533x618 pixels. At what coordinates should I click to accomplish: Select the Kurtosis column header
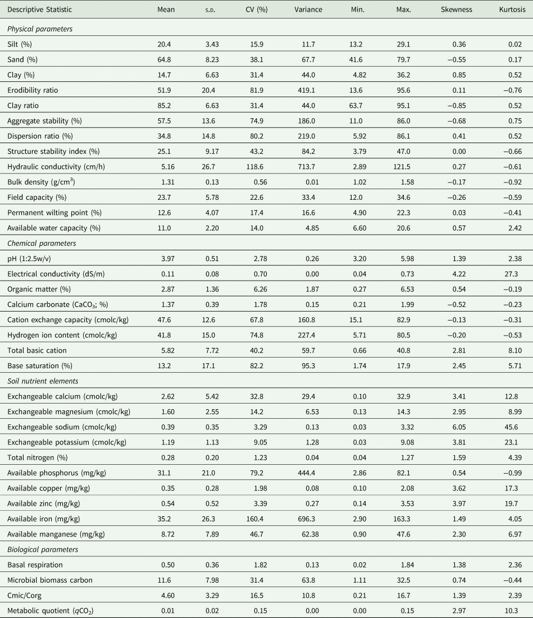coord(511,10)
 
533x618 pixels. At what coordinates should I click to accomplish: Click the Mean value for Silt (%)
coord(166,44)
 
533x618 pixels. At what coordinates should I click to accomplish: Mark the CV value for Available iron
coord(258,503)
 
